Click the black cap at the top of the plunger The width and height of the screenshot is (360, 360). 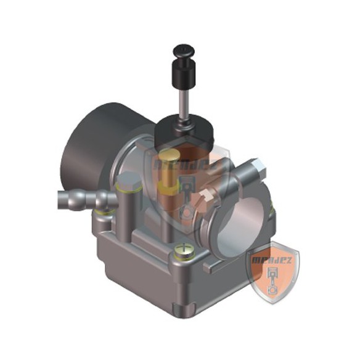(183, 49)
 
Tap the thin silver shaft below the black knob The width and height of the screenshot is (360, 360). (184, 102)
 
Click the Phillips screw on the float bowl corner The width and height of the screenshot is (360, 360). (183, 250)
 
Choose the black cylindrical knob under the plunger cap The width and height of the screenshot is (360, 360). (183, 72)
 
